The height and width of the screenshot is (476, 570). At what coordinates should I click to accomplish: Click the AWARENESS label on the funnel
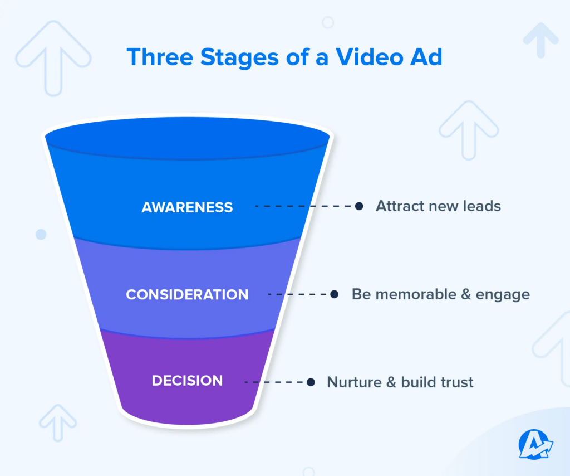(x=187, y=207)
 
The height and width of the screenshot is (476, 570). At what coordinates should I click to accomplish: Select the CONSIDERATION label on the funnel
(x=187, y=294)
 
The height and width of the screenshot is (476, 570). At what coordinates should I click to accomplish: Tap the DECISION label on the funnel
(x=187, y=381)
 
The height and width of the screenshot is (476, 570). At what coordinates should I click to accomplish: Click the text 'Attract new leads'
(x=438, y=206)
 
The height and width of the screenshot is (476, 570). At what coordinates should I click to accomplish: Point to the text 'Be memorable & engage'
(x=440, y=294)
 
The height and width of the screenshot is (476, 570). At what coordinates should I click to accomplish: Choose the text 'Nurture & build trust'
(x=400, y=382)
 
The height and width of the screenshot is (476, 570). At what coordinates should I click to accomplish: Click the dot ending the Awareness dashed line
(x=359, y=206)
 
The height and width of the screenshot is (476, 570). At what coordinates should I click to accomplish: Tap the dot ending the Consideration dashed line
(x=334, y=294)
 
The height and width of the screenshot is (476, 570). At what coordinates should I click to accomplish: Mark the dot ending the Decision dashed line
(x=311, y=382)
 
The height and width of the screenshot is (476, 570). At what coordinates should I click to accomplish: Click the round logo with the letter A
(x=535, y=444)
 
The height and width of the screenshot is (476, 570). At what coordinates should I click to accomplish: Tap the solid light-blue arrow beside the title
(x=540, y=40)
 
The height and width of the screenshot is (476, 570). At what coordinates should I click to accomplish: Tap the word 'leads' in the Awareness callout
(x=482, y=206)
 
